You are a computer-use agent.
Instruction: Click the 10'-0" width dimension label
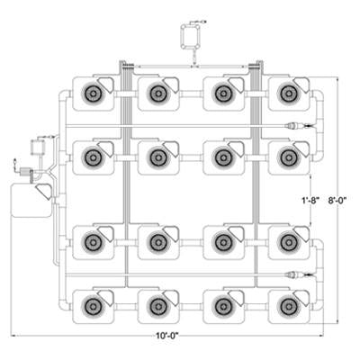(167, 336)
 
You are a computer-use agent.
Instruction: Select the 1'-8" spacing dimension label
(310, 200)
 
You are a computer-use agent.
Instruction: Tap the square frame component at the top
(190, 36)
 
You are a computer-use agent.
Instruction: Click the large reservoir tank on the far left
(31, 201)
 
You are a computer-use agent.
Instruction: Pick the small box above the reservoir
(38, 147)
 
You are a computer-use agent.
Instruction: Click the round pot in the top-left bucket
(93, 94)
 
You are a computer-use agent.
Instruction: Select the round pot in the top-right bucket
(288, 94)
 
